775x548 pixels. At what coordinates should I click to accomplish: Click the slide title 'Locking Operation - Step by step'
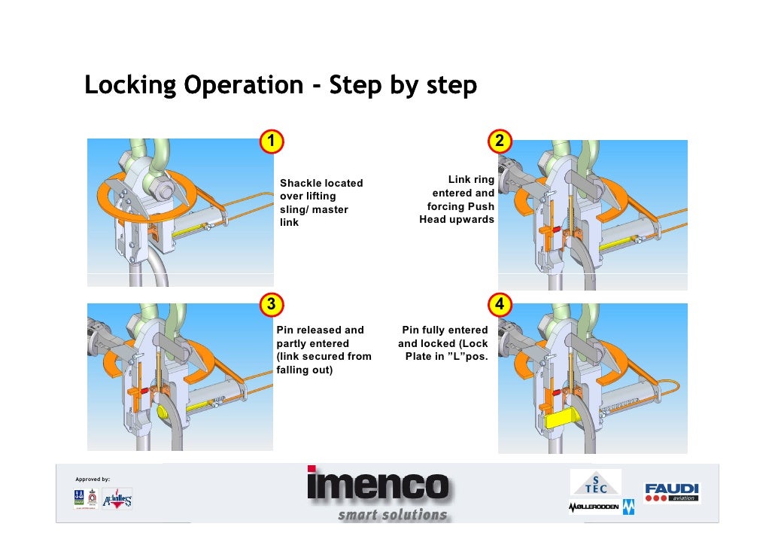click(x=280, y=86)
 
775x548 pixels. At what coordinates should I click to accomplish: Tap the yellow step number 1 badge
click(x=272, y=142)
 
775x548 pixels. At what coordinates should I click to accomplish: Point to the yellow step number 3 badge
click(x=272, y=304)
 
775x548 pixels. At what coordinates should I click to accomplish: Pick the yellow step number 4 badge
click(x=500, y=305)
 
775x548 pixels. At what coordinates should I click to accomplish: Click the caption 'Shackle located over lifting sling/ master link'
click(x=321, y=202)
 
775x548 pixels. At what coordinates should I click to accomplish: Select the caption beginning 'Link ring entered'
click(x=457, y=199)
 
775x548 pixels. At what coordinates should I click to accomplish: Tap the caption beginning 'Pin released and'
click(x=324, y=350)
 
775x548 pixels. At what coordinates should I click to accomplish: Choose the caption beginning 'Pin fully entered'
click(x=444, y=343)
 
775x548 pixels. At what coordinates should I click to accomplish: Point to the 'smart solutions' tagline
click(x=392, y=515)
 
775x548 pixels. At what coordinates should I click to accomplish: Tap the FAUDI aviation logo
click(x=671, y=492)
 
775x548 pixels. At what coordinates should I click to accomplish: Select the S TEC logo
click(x=595, y=482)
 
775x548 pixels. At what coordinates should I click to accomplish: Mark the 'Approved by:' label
click(x=93, y=479)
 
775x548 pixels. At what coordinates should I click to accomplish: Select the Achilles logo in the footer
click(x=117, y=499)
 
